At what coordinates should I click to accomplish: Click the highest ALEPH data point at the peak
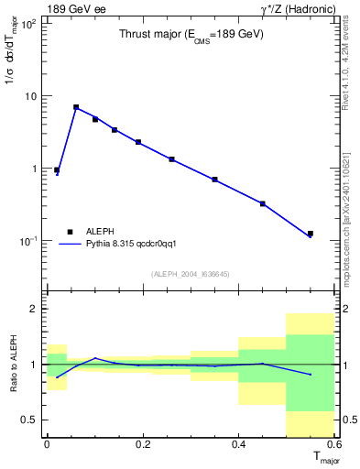pos(76,107)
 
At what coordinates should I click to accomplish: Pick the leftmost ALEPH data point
pos(57,169)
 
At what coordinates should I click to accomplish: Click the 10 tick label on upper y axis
pos(29,96)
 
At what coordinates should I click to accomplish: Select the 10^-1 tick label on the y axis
pos(27,241)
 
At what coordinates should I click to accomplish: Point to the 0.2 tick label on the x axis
pos(142,444)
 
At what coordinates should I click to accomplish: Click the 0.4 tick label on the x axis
pos(238,444)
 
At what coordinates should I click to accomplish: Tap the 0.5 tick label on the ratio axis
pos(30,420)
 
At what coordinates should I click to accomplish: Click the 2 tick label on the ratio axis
pos(34,310)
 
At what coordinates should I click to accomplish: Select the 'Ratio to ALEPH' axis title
pos(12,364)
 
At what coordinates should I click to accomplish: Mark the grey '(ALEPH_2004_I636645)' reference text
pos(191,274)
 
